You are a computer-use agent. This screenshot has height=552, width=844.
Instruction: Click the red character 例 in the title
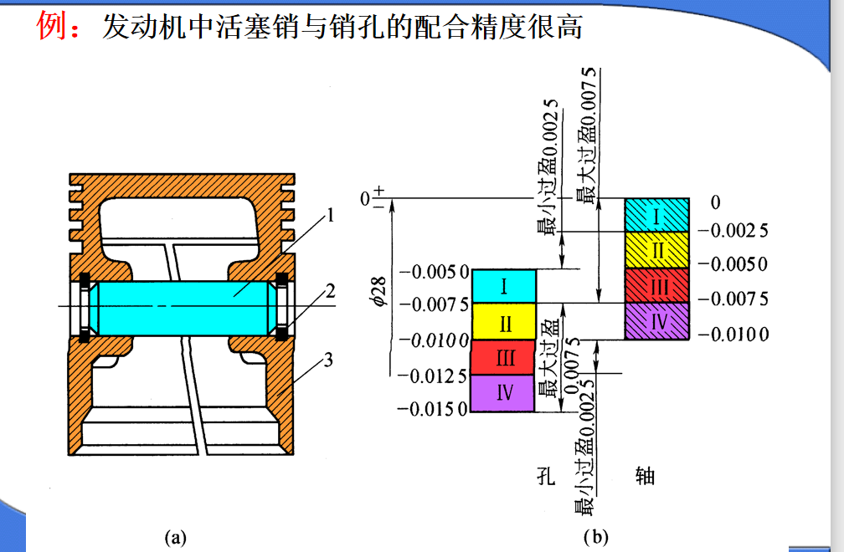[51, 26]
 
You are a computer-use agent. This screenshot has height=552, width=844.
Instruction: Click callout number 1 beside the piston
[331, 216]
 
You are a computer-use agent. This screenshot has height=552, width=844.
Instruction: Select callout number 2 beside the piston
[330, 291]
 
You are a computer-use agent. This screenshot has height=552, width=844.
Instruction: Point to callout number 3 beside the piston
[328, 360]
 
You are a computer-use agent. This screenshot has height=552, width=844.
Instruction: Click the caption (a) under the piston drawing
[176, 537]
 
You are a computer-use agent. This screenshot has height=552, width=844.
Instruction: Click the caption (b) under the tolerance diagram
[596, 537]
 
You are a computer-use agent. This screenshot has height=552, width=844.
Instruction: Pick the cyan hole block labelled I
[504, 286]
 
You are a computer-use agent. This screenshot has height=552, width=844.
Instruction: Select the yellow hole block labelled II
[504, 321]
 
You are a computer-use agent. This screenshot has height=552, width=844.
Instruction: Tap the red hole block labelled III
[503, 357]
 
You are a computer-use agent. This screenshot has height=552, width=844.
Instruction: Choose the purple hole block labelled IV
[502, 393]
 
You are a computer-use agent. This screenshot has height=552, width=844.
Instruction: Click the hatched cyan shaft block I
[656, 215]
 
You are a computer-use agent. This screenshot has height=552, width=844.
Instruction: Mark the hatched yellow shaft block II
[656, 250]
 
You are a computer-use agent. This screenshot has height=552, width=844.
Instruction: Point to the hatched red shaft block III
[656, 285]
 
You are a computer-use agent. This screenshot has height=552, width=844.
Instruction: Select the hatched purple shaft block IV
[656, 321]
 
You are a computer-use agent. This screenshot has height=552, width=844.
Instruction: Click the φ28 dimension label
[379, 291]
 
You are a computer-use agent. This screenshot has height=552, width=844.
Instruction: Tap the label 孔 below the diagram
[546, 476]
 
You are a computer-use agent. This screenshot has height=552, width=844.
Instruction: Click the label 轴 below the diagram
[645, 476]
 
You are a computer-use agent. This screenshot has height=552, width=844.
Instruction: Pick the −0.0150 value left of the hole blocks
[432, 410]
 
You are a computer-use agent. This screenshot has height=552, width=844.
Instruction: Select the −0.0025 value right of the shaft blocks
[733, 231]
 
